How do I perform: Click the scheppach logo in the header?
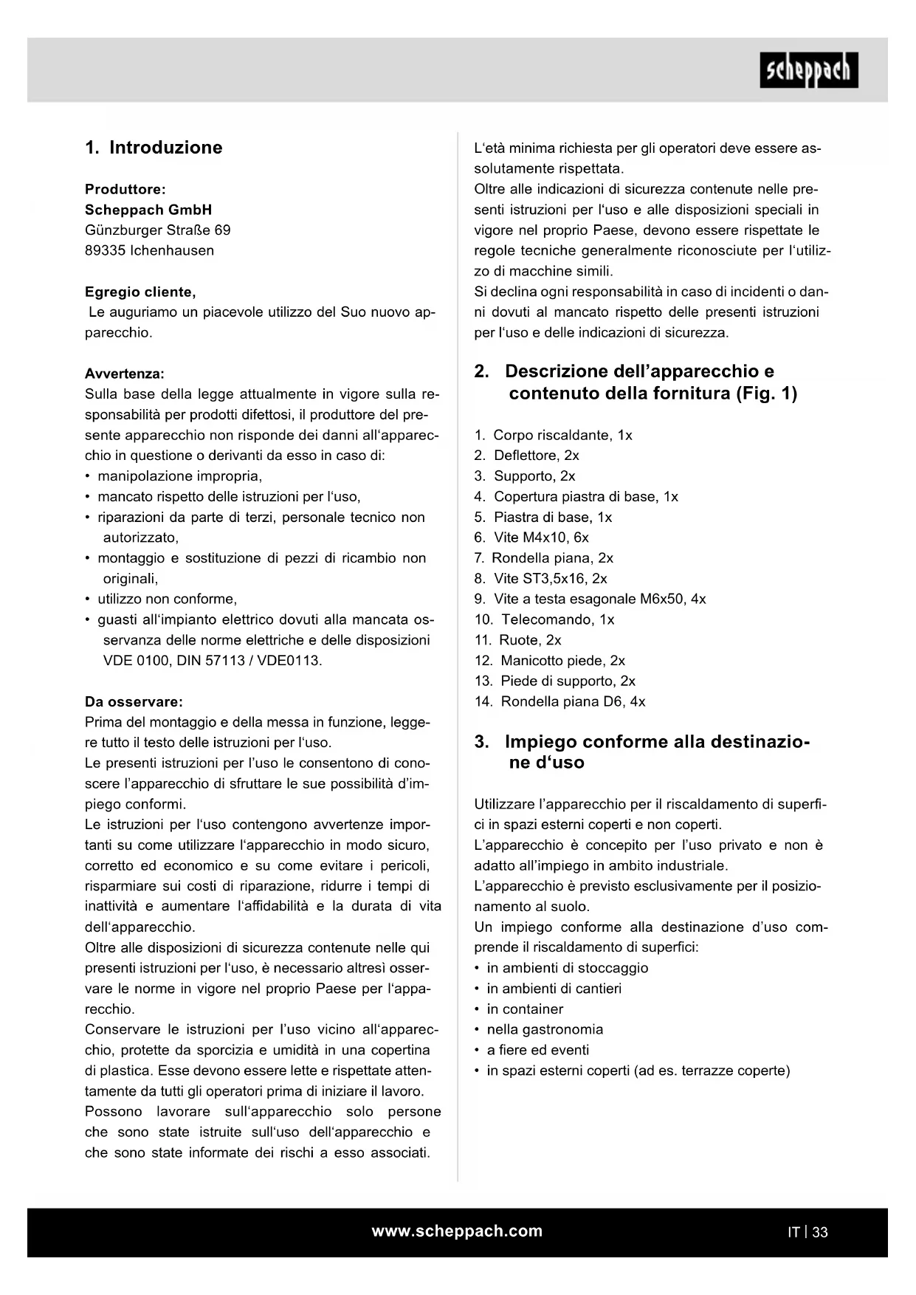pos(809,71)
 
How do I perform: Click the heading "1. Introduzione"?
pos(154,148)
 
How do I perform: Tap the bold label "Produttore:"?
pos(125,189)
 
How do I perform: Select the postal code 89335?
pos(106,250)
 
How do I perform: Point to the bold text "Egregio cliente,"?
pos(140,292)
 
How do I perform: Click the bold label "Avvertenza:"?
pos(125,374)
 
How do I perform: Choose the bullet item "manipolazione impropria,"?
pos(180,476)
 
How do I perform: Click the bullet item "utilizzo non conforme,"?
pos(168,599)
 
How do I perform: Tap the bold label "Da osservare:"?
pos(134,701)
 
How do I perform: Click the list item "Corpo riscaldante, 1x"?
pos(562,435)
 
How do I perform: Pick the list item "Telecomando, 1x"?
pos(557,619)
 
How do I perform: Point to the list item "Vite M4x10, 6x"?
pos(541,537)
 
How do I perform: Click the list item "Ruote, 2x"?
pos(530,640)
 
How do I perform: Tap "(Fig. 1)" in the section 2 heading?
pos(766,394)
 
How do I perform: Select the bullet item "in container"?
pos(525,1009)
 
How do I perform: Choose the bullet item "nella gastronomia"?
pos(545,1029)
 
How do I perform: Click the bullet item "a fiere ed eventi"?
pos(538,1050)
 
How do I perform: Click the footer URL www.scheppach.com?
pos(457,1231)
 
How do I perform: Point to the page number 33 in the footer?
pos(820,1232)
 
